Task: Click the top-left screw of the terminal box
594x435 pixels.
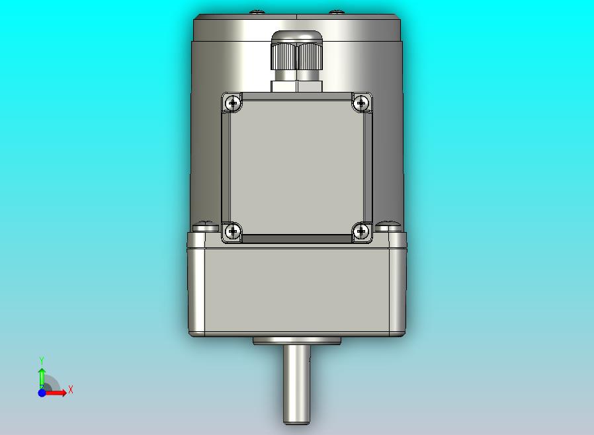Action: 233,102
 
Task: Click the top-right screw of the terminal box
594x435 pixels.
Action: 361,102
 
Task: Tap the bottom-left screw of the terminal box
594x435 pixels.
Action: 233,231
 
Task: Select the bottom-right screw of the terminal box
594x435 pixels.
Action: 361,231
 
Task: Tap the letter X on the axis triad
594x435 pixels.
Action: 71,389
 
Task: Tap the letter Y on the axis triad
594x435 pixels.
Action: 42,360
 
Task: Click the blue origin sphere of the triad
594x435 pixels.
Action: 42,393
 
